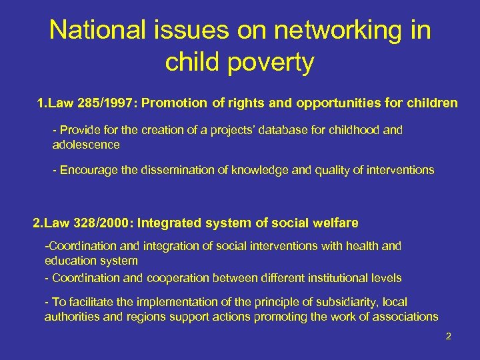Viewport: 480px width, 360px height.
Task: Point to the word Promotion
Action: coord(173,103)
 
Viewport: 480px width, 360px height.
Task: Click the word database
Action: coord(279,130)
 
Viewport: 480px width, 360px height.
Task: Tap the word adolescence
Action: coord(86,144)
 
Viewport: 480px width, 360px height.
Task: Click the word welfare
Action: coord(337,222)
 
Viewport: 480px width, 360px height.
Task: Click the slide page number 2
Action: coord(448,336)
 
